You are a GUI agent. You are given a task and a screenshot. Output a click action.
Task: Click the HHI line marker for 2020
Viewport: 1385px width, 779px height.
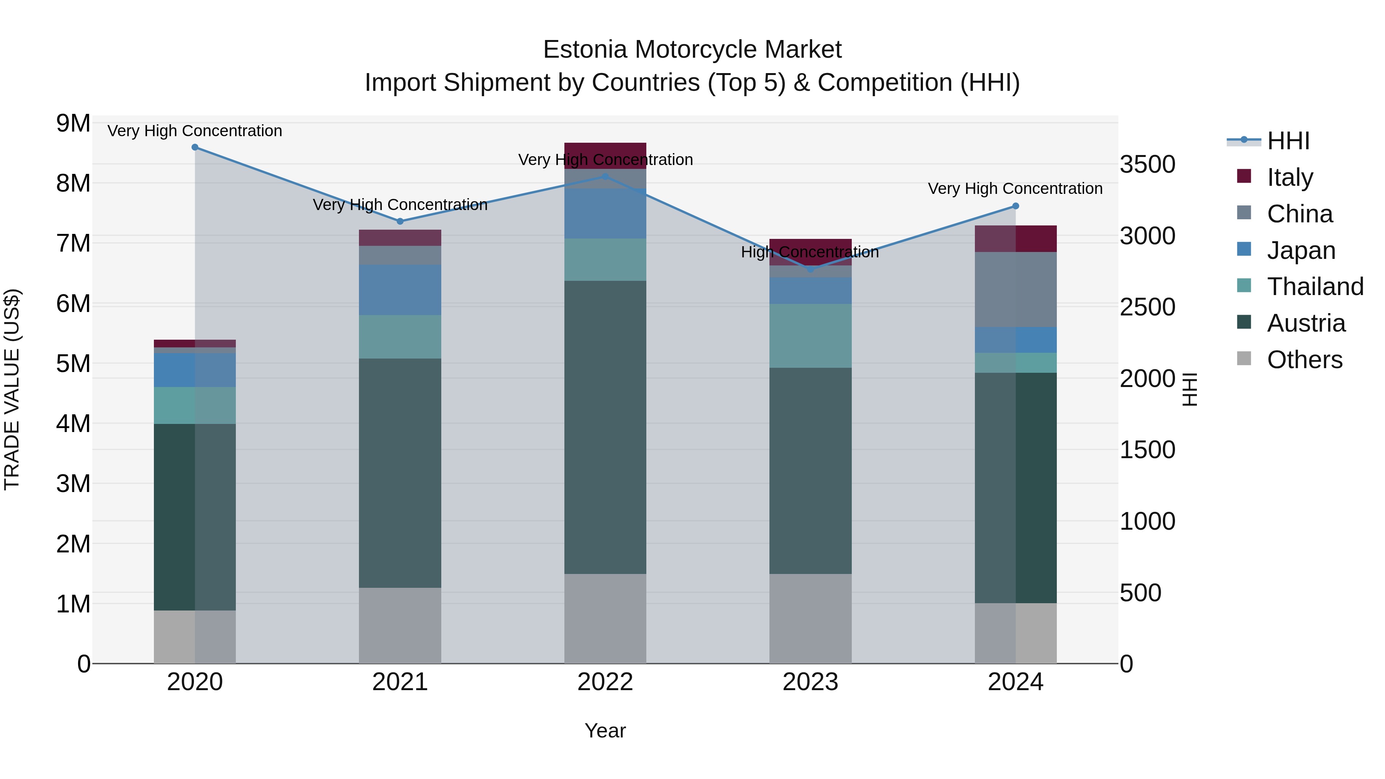tap(195, 147)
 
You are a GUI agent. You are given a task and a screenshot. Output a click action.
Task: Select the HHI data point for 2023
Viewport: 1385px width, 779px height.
tap(811, 269)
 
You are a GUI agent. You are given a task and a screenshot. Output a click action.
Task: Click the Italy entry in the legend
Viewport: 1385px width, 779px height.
tap(1289, 177)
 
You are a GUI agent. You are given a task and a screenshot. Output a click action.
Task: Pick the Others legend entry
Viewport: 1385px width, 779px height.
tap(1304, 359)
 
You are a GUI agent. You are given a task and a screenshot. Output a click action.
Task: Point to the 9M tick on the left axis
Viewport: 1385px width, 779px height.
tap(73, 123)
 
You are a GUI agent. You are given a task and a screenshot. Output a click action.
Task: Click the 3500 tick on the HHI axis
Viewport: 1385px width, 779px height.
tap(1147, 165)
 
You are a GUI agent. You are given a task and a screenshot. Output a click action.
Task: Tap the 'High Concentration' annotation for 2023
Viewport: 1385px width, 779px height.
tap(810, 252)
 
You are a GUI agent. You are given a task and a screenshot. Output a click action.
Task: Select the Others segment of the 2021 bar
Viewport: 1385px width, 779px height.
tap(400, 625)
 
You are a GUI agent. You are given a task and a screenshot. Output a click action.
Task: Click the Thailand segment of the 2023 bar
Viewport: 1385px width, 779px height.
tap(810, 335)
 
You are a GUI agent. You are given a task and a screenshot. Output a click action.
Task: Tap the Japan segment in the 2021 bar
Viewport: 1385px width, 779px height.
tap(400, 290)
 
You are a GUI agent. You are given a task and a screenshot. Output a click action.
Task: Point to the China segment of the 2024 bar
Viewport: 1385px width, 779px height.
tap(1016, 289)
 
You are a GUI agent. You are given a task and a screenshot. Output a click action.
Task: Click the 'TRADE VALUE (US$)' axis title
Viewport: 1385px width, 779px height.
tap(12, 389)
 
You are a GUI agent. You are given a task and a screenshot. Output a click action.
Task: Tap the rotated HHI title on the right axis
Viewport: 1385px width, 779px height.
tap(1190, 389)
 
